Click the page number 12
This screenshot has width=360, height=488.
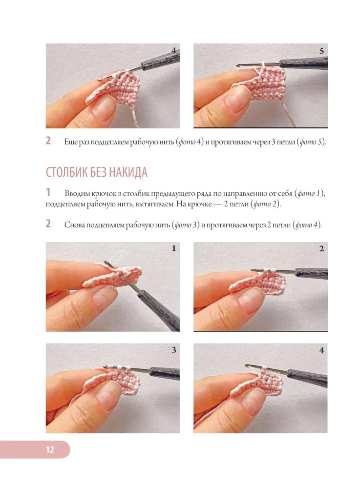(x=50, y=450)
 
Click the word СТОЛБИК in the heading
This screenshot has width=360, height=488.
(x=66, y=172)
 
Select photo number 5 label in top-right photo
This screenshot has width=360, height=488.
(x=321, y=51)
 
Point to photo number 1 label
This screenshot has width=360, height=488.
(x=174, y=248)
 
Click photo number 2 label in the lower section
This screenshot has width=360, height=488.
(x=321, y=248)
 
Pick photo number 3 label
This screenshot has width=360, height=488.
(x=174, y=350)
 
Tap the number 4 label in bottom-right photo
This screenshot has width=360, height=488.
(x=321, y=350)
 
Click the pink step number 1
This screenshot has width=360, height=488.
(x=48, y=192)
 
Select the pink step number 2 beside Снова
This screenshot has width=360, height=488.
(x=48, y=224)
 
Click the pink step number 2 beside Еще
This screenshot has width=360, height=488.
(x=48, y=141)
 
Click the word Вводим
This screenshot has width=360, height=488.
(x=77, y=194)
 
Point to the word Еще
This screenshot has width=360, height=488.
(x=71, y=142)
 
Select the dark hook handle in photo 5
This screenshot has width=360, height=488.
(x=304, y=63)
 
